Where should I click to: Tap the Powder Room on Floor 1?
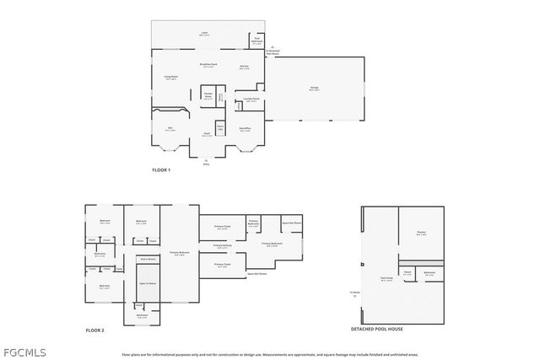pyautogui.click(x=208, y=96)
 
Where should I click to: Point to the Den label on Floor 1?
pyautogui.click(x=170, y=129)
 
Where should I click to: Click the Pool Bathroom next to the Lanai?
pyautogui.click(x=257, y=40)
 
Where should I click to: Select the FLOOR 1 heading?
pyautogui.click(x=161, y=170)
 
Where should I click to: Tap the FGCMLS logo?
pyautogui.click(x=24, y=351)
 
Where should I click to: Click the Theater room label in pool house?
pyautogui.click(x=421, y=234)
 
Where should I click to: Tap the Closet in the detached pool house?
pyautogui.click(x=407, y=272)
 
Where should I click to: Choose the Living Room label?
pyautogui.click(x=170, y=78)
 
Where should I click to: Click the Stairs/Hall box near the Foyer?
pyautogui.click(x=220, y=127)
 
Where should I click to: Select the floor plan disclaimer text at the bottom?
pyautogui.click(x=270, y=354)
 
